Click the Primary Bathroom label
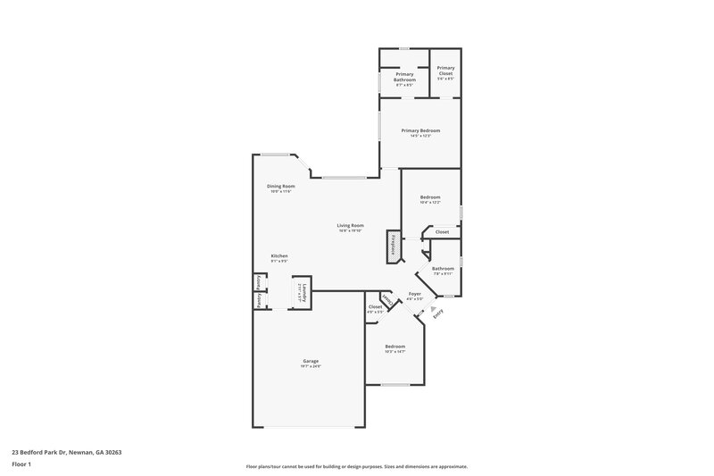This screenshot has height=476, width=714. [405, 77]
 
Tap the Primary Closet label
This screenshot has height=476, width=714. [445, 71]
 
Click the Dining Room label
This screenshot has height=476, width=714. [280, 186]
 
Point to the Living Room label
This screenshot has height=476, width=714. [350, 225]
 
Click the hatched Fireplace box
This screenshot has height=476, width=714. [391, 246]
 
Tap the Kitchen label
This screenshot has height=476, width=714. [279, 255]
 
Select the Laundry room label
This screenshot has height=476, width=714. [303, 292]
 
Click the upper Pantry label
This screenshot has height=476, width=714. [258, 282]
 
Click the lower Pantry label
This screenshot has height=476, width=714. [258, 301]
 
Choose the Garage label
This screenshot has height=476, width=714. [310, 361]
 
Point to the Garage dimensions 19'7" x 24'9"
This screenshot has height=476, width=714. [310, 366]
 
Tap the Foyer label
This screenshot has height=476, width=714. [414, 293]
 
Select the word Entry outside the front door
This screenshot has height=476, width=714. [437, 313]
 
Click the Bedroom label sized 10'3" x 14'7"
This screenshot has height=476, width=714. [394, 346]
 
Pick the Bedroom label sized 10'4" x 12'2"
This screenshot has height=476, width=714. [430, 197]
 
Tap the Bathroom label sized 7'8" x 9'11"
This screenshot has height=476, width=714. [443, 268]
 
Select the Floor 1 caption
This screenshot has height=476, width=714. [21, 465]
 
